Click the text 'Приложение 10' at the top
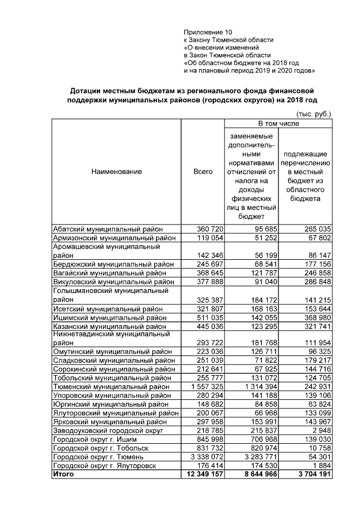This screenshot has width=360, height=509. coord(208,32)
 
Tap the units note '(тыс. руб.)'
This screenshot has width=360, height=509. coord(313,113)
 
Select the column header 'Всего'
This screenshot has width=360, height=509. coord(202,172)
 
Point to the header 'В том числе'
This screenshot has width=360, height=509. coord(278,123)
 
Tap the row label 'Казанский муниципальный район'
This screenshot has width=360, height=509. coord(110,326)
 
